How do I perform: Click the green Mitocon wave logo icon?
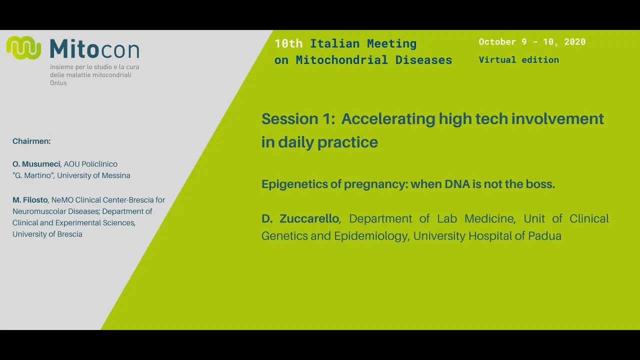click(x=23, y=47)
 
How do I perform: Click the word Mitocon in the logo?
click(x=94, y=49)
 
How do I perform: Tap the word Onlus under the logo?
click(x=58, y=83)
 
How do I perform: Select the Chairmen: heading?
click(x=31, y=141)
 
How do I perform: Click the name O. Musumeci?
click(x=36, y=164)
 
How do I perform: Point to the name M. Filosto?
click(x=30, y=200)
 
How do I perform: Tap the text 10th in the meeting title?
click(x=288, y=43)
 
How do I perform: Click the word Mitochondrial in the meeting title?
click(x=341, y=60)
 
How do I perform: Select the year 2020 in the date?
click(x=575, y=41)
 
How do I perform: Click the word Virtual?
click(x=497, y=59)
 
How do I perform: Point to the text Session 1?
click(x=298, y=119)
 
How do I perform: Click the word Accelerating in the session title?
click(x=388, y=119)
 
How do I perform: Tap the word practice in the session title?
click(x=347, y=142)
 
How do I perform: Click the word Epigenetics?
click(x=294, y=184)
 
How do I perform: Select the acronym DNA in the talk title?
click(x=457, y=184)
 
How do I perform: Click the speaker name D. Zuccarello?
click(x=300, y=218)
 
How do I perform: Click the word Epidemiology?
click(x=370, y=236)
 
